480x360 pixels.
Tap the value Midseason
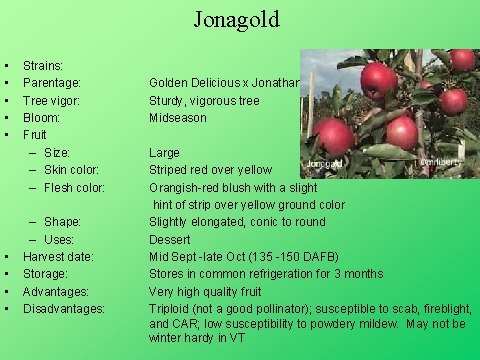point(178,117)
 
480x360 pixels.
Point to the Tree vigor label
point(52,100)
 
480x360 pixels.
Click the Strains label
point(43,65)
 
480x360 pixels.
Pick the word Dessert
point(170,238)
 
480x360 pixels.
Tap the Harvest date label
point(59,256)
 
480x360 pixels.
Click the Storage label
point(46,273)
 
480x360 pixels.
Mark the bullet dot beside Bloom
point(7,117)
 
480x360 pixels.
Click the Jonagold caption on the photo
point(325,159)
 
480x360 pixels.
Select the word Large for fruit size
point(164,152)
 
